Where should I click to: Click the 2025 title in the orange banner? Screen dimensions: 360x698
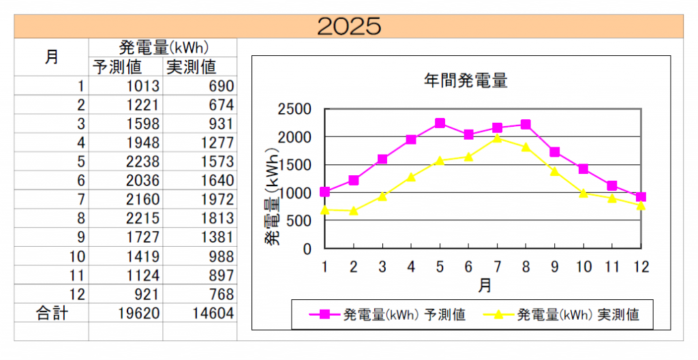coord(348,26)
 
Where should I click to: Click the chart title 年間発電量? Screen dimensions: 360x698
coord(466,80)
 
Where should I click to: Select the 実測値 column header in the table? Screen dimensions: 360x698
coord(192,67)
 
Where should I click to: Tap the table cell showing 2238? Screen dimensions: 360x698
coord(142,162)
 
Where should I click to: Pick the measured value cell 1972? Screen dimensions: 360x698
coord(217,200)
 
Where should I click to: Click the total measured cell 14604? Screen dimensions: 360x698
coord(213,313)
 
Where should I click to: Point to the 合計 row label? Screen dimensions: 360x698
coord(52,313)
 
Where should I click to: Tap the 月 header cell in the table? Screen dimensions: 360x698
coord(52,57)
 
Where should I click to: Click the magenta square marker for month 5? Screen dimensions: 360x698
coord(440,123)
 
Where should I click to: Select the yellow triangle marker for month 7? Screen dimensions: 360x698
coord(497,138)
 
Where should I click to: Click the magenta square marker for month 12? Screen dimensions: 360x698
coord(640,197)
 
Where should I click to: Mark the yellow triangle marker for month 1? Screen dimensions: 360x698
coord(325,209)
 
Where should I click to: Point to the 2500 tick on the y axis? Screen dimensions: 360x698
coord(294,109)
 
